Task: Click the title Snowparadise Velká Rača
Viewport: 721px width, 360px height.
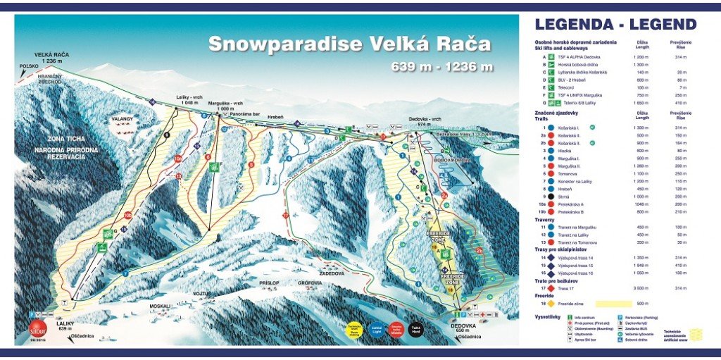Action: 349,44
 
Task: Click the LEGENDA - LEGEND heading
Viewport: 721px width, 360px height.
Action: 615,25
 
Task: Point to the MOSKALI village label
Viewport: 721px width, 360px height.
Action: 161,306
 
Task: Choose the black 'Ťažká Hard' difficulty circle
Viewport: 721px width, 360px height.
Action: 417,330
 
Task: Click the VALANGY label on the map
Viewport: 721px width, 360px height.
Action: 122,120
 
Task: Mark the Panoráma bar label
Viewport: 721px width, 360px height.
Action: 246,113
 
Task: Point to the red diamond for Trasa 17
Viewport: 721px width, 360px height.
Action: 544,288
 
